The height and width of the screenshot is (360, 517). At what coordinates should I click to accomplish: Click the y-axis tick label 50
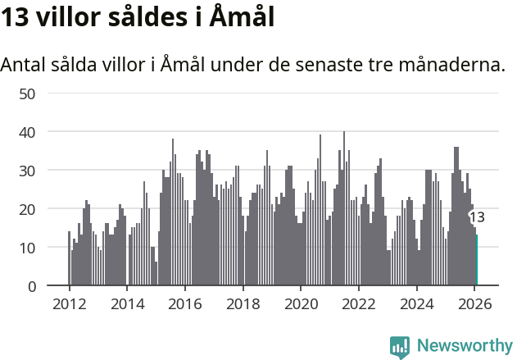coord(28,93)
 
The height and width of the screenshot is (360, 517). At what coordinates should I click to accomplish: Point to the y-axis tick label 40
coord(28,132)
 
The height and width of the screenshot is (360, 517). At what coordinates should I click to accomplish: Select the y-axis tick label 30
coord(28,171)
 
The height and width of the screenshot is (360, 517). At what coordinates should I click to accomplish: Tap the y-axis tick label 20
coord(28,209)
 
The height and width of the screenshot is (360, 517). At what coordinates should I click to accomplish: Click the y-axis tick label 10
coord(28,248)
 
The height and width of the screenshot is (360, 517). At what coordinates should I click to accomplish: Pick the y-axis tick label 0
coord(32,286)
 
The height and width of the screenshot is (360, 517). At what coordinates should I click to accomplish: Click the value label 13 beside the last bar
coord(476,217)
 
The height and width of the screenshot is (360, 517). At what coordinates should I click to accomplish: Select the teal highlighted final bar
coord(476,261)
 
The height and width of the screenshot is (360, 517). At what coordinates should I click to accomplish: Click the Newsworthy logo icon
coord(400,347)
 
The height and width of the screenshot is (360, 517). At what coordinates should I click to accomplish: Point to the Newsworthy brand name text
coord(464,346)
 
